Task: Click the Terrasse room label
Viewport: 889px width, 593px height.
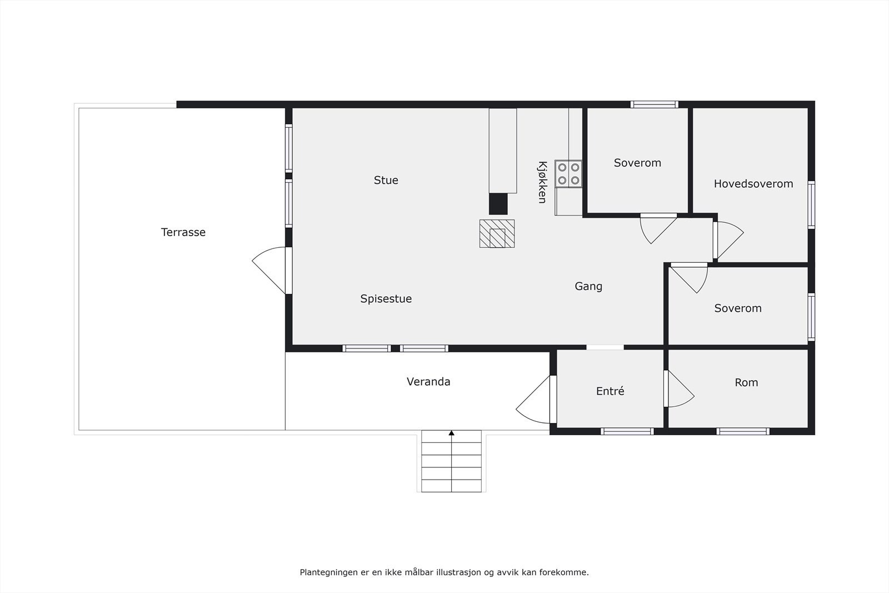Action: [x=183, y=232]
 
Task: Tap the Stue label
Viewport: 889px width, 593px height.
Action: [x=386, y=180]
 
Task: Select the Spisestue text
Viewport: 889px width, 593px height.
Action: [x=386, y=298]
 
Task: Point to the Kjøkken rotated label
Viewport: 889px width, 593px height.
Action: [x=542, y=182]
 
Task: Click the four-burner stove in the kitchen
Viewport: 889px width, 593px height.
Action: [x=568, y=173]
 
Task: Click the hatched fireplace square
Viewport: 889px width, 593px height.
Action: [x=497, y=233]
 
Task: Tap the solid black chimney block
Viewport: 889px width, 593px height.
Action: [x=498, y=203]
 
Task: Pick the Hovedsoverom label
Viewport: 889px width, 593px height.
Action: [x=753, y=184]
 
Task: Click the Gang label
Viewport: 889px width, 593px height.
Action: [x=588, y=286]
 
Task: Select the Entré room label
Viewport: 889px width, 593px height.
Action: [x=610, y=391]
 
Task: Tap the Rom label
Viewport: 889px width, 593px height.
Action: [x=746, y=382]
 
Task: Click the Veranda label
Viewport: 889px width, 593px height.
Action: [x=428, y=382]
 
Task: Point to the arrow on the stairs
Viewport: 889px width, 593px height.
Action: [x=452, y=433]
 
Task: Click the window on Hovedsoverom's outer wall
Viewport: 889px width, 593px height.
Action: [x=811, y=205]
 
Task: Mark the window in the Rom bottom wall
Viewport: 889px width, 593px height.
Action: [x=742, y=431]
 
